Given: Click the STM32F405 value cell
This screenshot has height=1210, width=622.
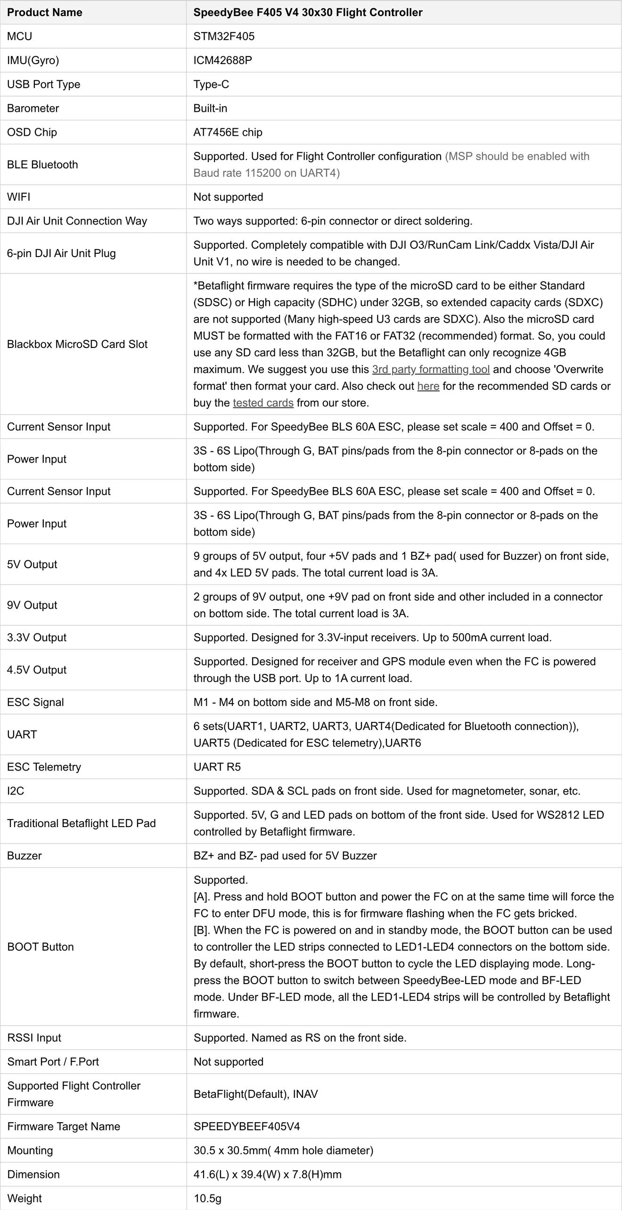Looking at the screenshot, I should (x=224, y=36).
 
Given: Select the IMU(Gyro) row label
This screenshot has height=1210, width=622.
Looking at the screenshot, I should (x=33, y=60).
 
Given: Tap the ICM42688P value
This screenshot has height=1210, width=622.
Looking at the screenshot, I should (x=222, y=60).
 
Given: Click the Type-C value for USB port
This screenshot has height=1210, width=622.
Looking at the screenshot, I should (x=211, y=84).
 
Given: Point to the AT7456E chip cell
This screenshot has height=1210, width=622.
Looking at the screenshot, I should (x=228, y=133).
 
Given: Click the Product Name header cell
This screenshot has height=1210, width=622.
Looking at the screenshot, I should (x=45, y=12).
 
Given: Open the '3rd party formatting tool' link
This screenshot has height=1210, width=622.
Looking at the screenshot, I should (x=431, y=369).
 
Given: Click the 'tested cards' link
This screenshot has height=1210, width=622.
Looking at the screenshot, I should (x=263, y=403).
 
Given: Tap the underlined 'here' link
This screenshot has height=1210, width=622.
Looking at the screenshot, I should (x=428, y=386).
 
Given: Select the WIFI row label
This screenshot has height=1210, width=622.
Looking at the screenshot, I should (x=19, y=197).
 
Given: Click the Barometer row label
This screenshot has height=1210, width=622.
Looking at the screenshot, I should (x=33, y=108).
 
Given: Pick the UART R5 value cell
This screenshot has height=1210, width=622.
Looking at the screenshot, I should (x=217, y=767).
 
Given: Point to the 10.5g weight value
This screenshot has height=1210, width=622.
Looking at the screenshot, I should (x=207, y=1198).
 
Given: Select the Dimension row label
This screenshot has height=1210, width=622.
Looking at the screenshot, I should (x=33, y=1174).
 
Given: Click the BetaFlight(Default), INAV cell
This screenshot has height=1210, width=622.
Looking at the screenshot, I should (x=255, y=1094).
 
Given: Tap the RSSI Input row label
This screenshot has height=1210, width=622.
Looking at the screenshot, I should (x=34, y=1037).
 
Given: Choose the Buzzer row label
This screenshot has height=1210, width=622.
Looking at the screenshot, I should (x=25, y=855).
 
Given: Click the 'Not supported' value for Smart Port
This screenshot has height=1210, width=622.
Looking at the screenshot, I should (x=229, y=1061).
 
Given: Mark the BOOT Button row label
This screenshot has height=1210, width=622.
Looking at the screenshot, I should (x=41, y=946).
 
